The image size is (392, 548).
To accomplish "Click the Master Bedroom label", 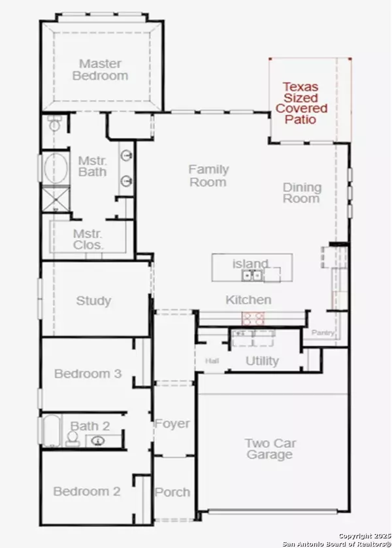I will click(x=103, y=69).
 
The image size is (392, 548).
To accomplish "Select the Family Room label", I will click(x=208, y=175).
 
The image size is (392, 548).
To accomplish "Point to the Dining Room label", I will click(x=301, y=193).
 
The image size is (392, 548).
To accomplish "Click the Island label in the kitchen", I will click(x=250, y=264).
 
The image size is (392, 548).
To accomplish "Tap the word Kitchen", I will click(x=248, y=300).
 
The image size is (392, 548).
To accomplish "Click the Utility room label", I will click(x=262, y=361).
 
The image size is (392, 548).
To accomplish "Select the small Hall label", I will click(x=212, y=361).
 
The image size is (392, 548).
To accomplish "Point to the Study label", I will click(x=93, y=301).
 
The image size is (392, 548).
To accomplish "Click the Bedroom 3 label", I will click(x=88, y=374).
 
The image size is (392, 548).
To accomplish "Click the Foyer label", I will click(x=172, y=424).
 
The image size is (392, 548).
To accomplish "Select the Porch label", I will click(x=172, y=492).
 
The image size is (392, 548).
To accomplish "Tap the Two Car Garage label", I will click(x=269, y=449).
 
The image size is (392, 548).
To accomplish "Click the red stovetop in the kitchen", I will click(x=253, y=318).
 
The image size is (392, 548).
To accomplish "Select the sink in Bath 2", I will click(x=99, y=441).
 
